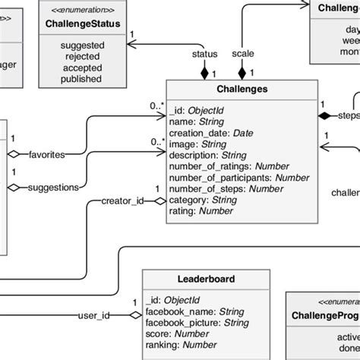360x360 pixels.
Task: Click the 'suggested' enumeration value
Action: point(81,46)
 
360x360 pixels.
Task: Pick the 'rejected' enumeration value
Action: point(81,56)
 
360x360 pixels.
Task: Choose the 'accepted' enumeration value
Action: point(81,67)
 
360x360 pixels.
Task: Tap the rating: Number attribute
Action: point(201,211)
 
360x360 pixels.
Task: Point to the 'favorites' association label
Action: point(46,154)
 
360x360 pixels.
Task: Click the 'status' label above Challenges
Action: point(205,54)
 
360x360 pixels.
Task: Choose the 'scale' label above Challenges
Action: point(243,54)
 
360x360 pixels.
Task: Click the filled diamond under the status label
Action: point(204,72)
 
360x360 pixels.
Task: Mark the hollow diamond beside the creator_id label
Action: point(159,201)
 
